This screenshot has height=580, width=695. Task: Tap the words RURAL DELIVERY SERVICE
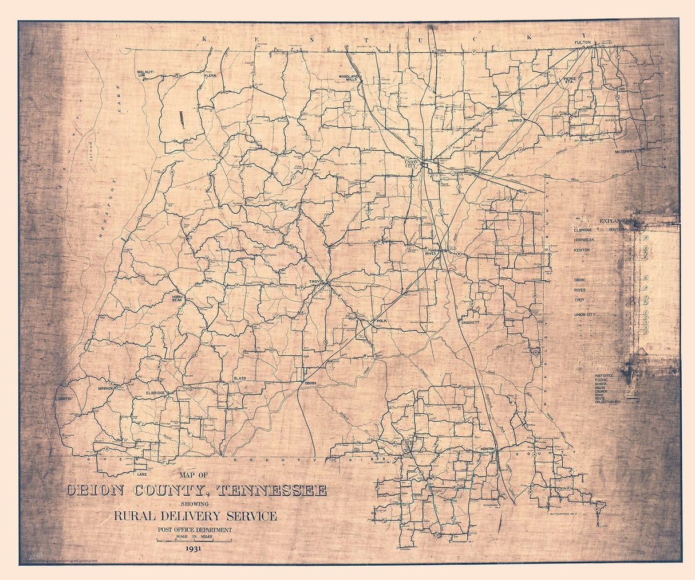click(195, 516)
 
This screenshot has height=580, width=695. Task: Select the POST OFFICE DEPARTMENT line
click(195, 530)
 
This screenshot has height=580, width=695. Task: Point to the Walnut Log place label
click(145, 73)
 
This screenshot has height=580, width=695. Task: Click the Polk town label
click(382, 322)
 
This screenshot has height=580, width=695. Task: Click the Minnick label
click(106, 388)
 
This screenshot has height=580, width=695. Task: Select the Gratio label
click(63, 398)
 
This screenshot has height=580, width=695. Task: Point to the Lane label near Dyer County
click(142, 475)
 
